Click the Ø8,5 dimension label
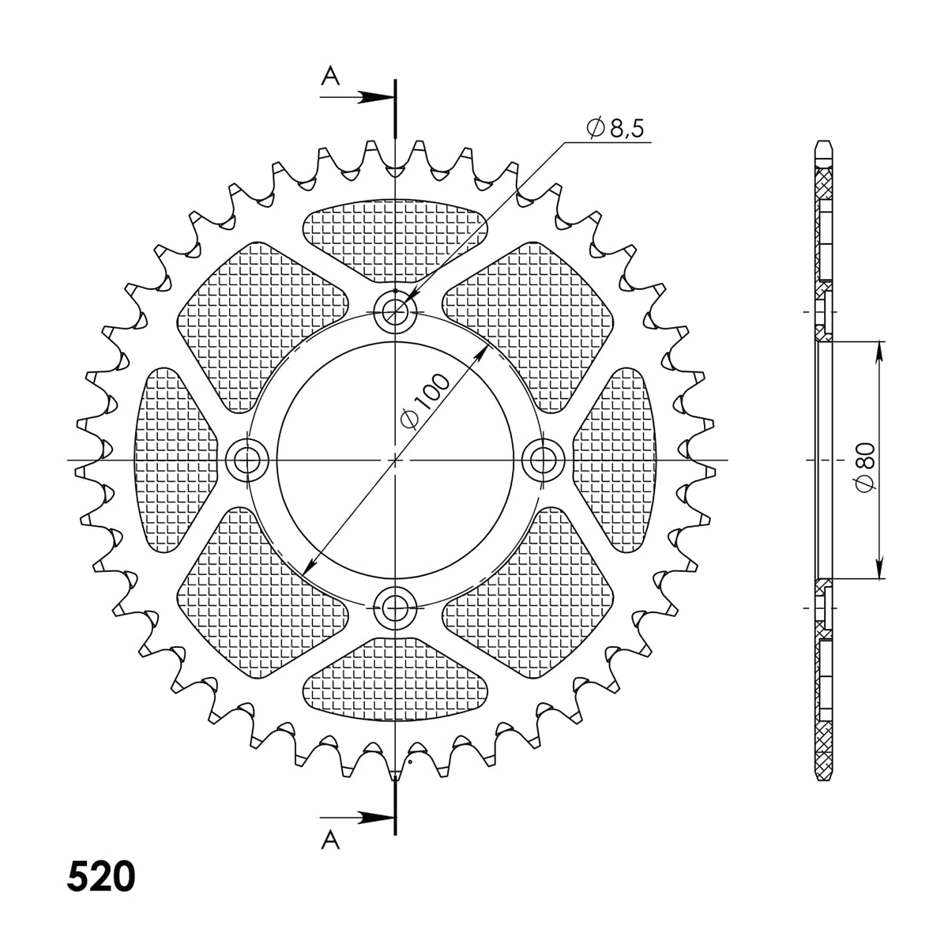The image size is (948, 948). click(615, 129)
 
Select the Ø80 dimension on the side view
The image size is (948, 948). click(865, 460)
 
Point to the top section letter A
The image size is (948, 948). click(330, 76)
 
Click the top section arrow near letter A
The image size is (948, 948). click(357, 97)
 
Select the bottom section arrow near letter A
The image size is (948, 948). click(357, 818)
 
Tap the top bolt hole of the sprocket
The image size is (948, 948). click(395, 311)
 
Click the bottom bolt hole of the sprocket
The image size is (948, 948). click(395, 608)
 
